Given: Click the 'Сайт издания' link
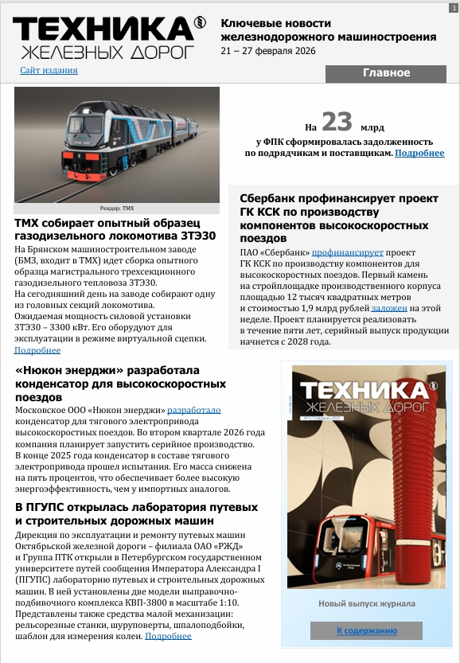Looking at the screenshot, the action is [x=49, y=70].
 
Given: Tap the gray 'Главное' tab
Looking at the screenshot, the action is [x=386, y=73].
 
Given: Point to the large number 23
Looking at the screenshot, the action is [x=337, y=123].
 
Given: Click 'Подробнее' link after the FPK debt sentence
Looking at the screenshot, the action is [x=419, y=153].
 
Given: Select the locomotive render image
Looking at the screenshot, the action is [x=117, y=145].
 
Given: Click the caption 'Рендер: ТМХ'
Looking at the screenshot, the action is [x=117, y=209].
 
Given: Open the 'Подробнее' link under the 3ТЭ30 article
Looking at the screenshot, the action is [x=37, y=350].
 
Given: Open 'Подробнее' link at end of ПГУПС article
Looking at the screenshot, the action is [x=168, y=636].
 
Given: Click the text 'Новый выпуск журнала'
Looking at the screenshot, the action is [x=365, y=604].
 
